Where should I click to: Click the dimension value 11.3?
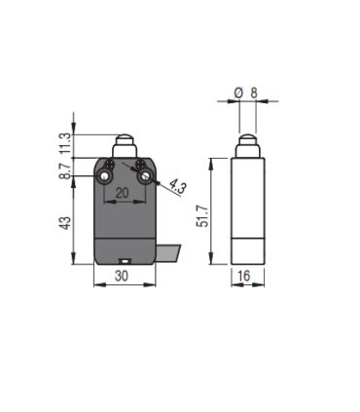(x=65, y=142)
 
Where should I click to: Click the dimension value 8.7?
(x=65, y=171)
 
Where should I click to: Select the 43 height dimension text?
(x=65, y=222)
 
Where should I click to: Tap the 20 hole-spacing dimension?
(x=124, y=194)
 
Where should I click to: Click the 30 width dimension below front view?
(x=124, y=277)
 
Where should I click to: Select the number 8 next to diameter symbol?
(x=254, y=94)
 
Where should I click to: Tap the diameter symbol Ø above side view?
(x=238, y=94)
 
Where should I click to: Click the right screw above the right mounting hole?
(x=138, y=167)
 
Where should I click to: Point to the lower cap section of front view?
(x=125, y=251)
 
